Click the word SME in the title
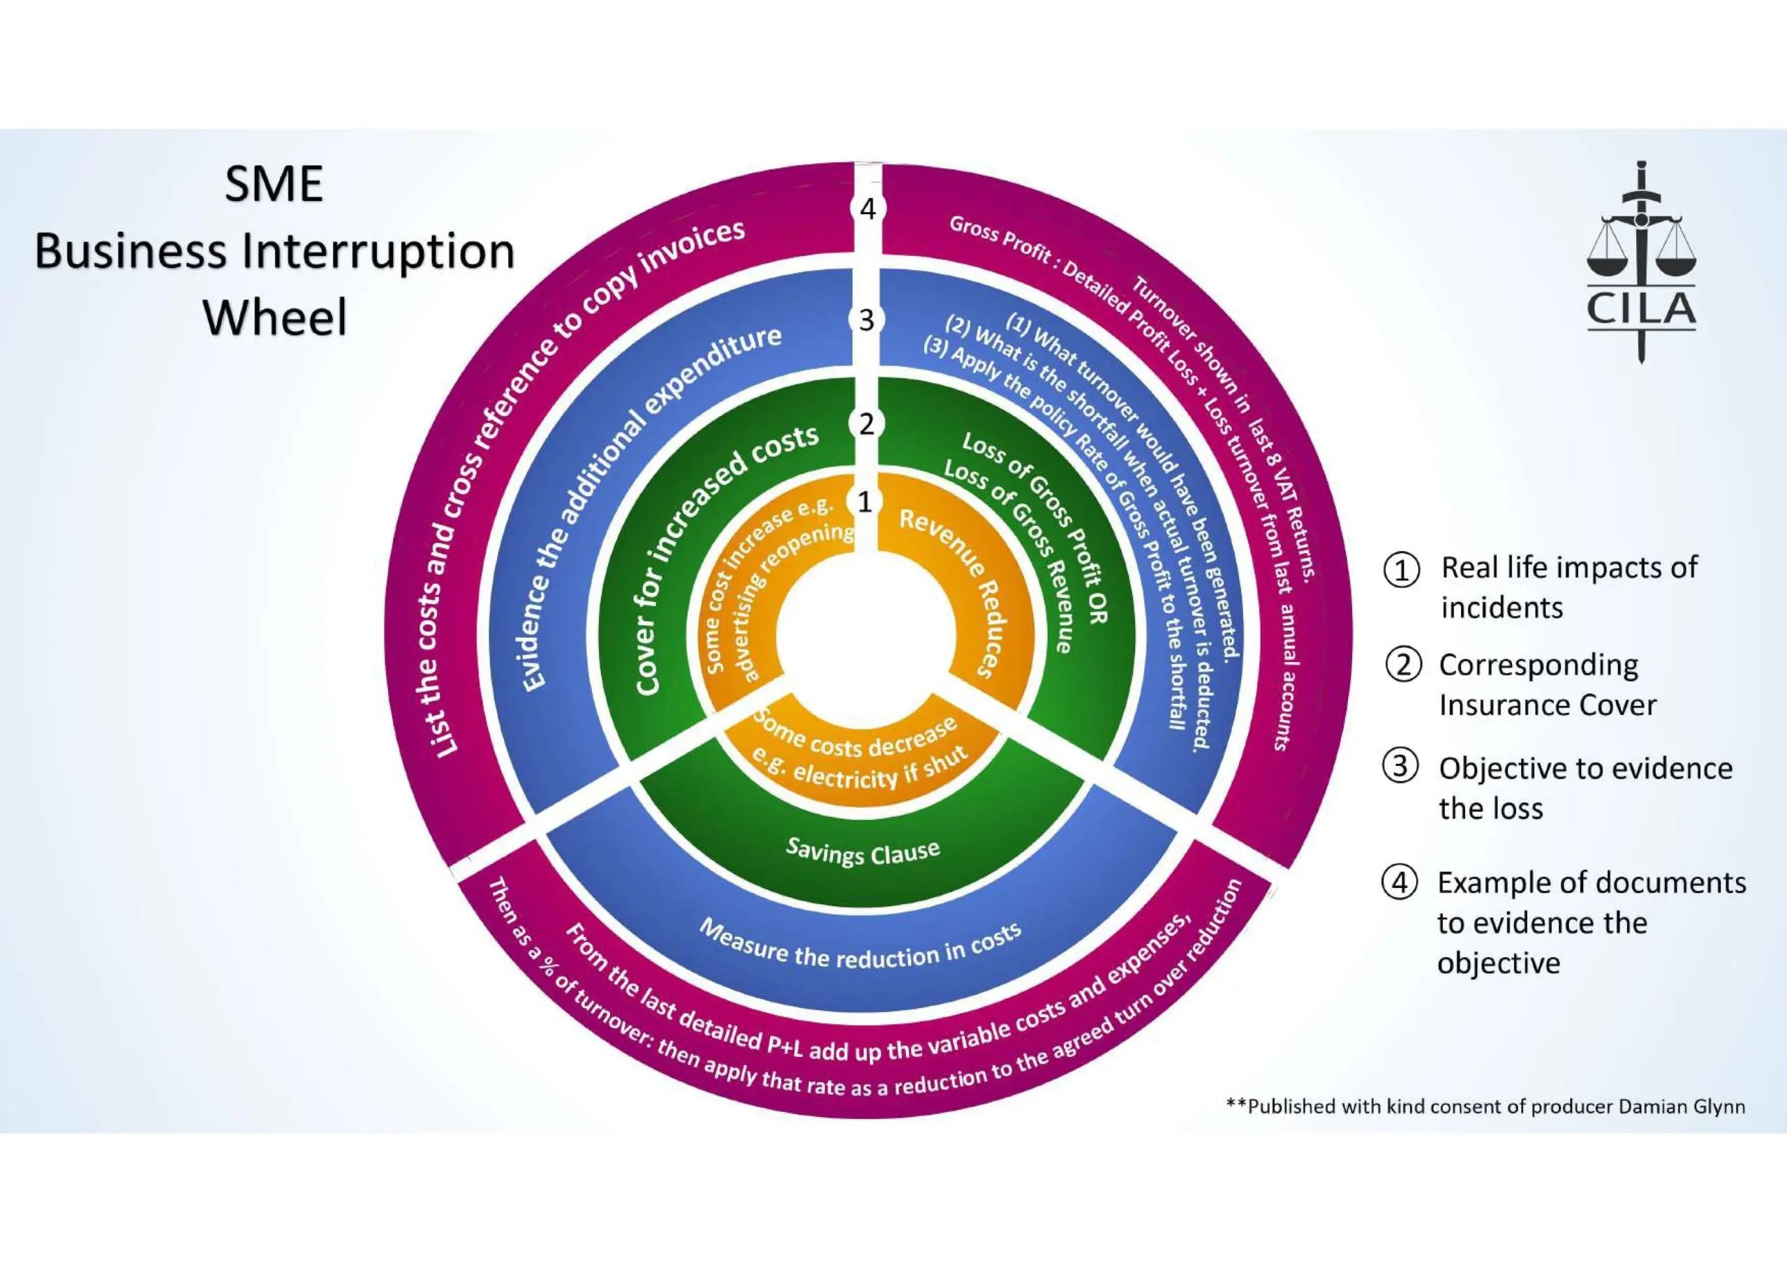[x=274, y=185]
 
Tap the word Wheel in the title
[x=275, y=318]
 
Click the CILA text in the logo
[x=1641, y=310]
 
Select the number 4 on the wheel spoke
[x=867, y=209]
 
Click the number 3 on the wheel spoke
[x=866, y=320]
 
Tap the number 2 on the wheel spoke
[x=866, y=425]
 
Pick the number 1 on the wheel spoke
[x=865, y=502]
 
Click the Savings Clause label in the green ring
[x=862, y=851]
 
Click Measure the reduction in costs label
[x=859, y=947]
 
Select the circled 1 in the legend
[x=1401, y=571]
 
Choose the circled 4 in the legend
[x=1400, y=883]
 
